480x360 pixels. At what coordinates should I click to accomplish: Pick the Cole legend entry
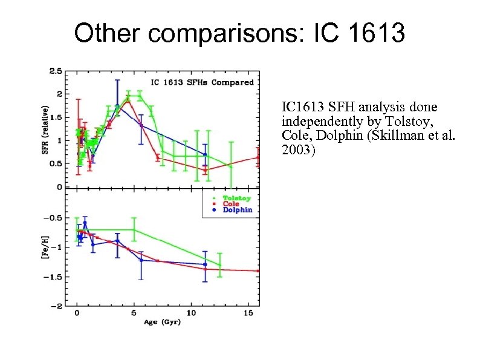(x=230, y=204)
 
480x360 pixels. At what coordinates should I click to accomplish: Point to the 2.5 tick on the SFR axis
(x=55, y=71)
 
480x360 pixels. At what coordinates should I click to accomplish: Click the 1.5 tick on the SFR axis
(x=55, y=117)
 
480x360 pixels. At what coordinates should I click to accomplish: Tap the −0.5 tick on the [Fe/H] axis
(x=53, y=218)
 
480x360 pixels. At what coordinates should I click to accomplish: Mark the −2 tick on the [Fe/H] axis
(x=56, y=306)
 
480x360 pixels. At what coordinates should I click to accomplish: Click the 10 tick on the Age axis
(x=191, y=313)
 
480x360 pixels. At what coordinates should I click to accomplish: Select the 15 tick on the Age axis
(x=248, y=313)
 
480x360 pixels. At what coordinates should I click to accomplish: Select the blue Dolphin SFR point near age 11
(x=205, y=155)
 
